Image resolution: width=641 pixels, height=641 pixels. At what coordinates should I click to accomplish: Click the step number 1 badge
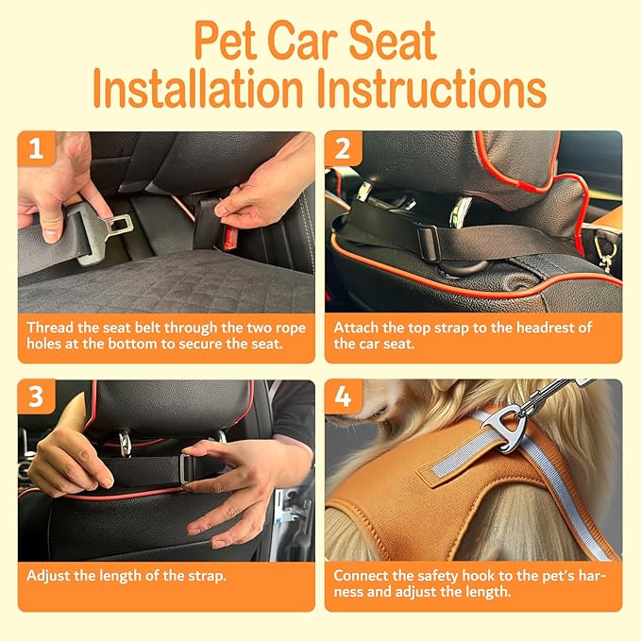pyautogui.click(x=35, y=149)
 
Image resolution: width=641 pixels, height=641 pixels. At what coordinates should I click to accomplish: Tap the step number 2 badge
pyautogui.click(x=343, y=149)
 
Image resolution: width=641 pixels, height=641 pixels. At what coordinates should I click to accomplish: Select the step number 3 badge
pyautogui.click(x=35, y=397)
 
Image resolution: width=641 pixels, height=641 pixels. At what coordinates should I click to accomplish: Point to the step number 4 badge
pyautogui.click(x=343, y=397)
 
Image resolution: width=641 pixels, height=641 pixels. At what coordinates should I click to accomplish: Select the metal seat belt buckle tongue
pyautogui.click(x=111, y=227)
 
